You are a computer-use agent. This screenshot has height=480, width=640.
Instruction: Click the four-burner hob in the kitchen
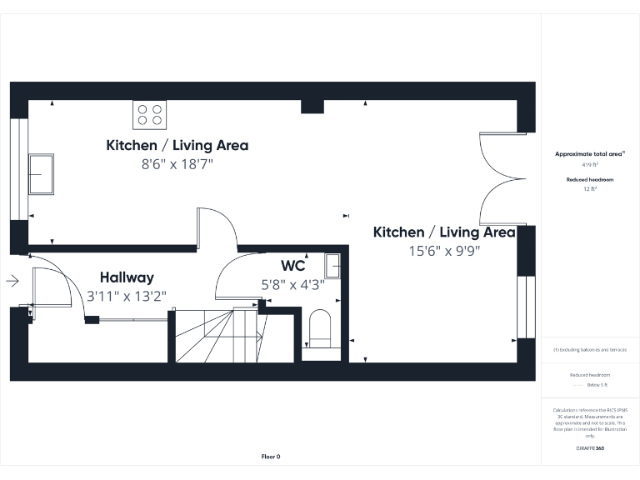coord(149,114)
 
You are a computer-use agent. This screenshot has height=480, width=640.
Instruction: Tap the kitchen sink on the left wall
coord(41,173)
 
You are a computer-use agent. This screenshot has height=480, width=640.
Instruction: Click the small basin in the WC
coord(333,265)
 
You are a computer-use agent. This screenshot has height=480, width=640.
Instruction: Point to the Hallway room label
coord(127,277)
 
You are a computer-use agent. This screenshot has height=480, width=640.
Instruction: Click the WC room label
coord(292,266)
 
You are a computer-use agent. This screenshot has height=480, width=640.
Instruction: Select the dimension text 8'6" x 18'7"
coord(177,164)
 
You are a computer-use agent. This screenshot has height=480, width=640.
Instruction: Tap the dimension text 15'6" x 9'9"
coord(443,250)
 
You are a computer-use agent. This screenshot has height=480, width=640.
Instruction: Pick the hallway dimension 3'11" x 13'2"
coord(127,296)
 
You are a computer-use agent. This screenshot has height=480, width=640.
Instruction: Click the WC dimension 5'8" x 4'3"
coord(292,283)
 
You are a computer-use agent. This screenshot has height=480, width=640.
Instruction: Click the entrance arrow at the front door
coord(12,281)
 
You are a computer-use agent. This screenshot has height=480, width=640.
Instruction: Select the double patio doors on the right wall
coord(500,177)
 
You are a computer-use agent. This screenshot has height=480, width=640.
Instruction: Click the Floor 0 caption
coord(271,457)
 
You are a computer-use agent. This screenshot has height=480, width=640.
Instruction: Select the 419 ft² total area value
coord(591,166)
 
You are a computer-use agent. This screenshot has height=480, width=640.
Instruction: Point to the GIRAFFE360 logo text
coord(590,448)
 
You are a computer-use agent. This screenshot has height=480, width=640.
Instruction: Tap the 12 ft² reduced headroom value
coord(590,189)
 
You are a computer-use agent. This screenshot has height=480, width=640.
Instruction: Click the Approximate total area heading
coord(589,154)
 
